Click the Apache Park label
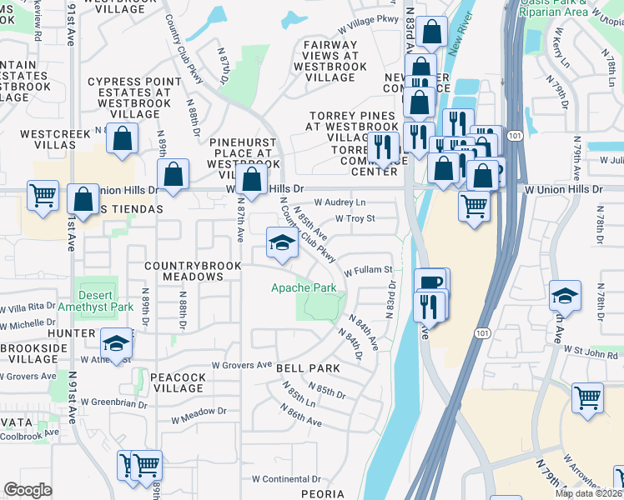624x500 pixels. tap(304, 288)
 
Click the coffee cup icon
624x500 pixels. tap(431, 282)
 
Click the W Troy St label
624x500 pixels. tap(356, 218)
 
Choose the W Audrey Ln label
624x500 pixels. tap(340, 202)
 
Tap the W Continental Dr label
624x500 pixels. tap(286, 479)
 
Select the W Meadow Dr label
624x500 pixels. tap(198, 412)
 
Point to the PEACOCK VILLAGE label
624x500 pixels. tap(179, 383)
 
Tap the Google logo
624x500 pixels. tap(28, 490)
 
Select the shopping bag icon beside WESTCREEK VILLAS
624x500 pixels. tap(122, 142)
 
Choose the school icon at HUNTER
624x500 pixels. tap(116, 343)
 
